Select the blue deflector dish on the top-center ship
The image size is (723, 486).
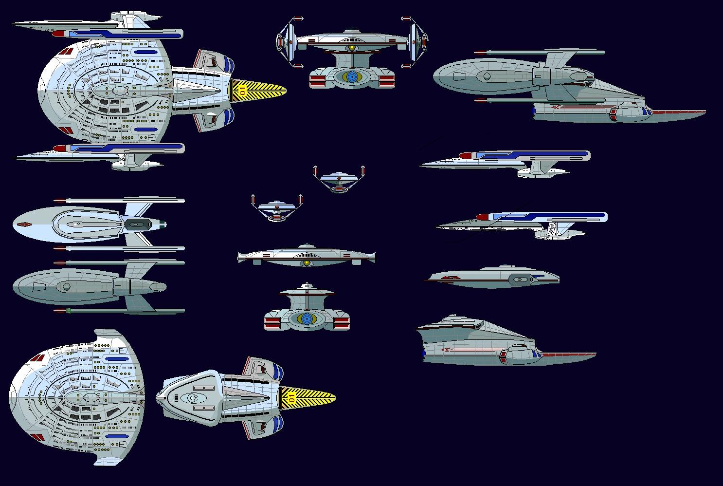[352, 76]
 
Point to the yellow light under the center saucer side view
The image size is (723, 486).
[307, 263]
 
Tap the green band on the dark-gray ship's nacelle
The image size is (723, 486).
[69, 310]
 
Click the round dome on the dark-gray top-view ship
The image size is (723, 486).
[64, 286]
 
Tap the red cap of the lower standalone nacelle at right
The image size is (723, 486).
[482, 217]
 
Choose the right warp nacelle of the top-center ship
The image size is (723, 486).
[416, 42]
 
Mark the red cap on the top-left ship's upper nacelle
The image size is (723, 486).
[57, 34]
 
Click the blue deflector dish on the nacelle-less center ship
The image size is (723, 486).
[307, 319]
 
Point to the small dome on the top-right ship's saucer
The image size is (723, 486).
[487, 76]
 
